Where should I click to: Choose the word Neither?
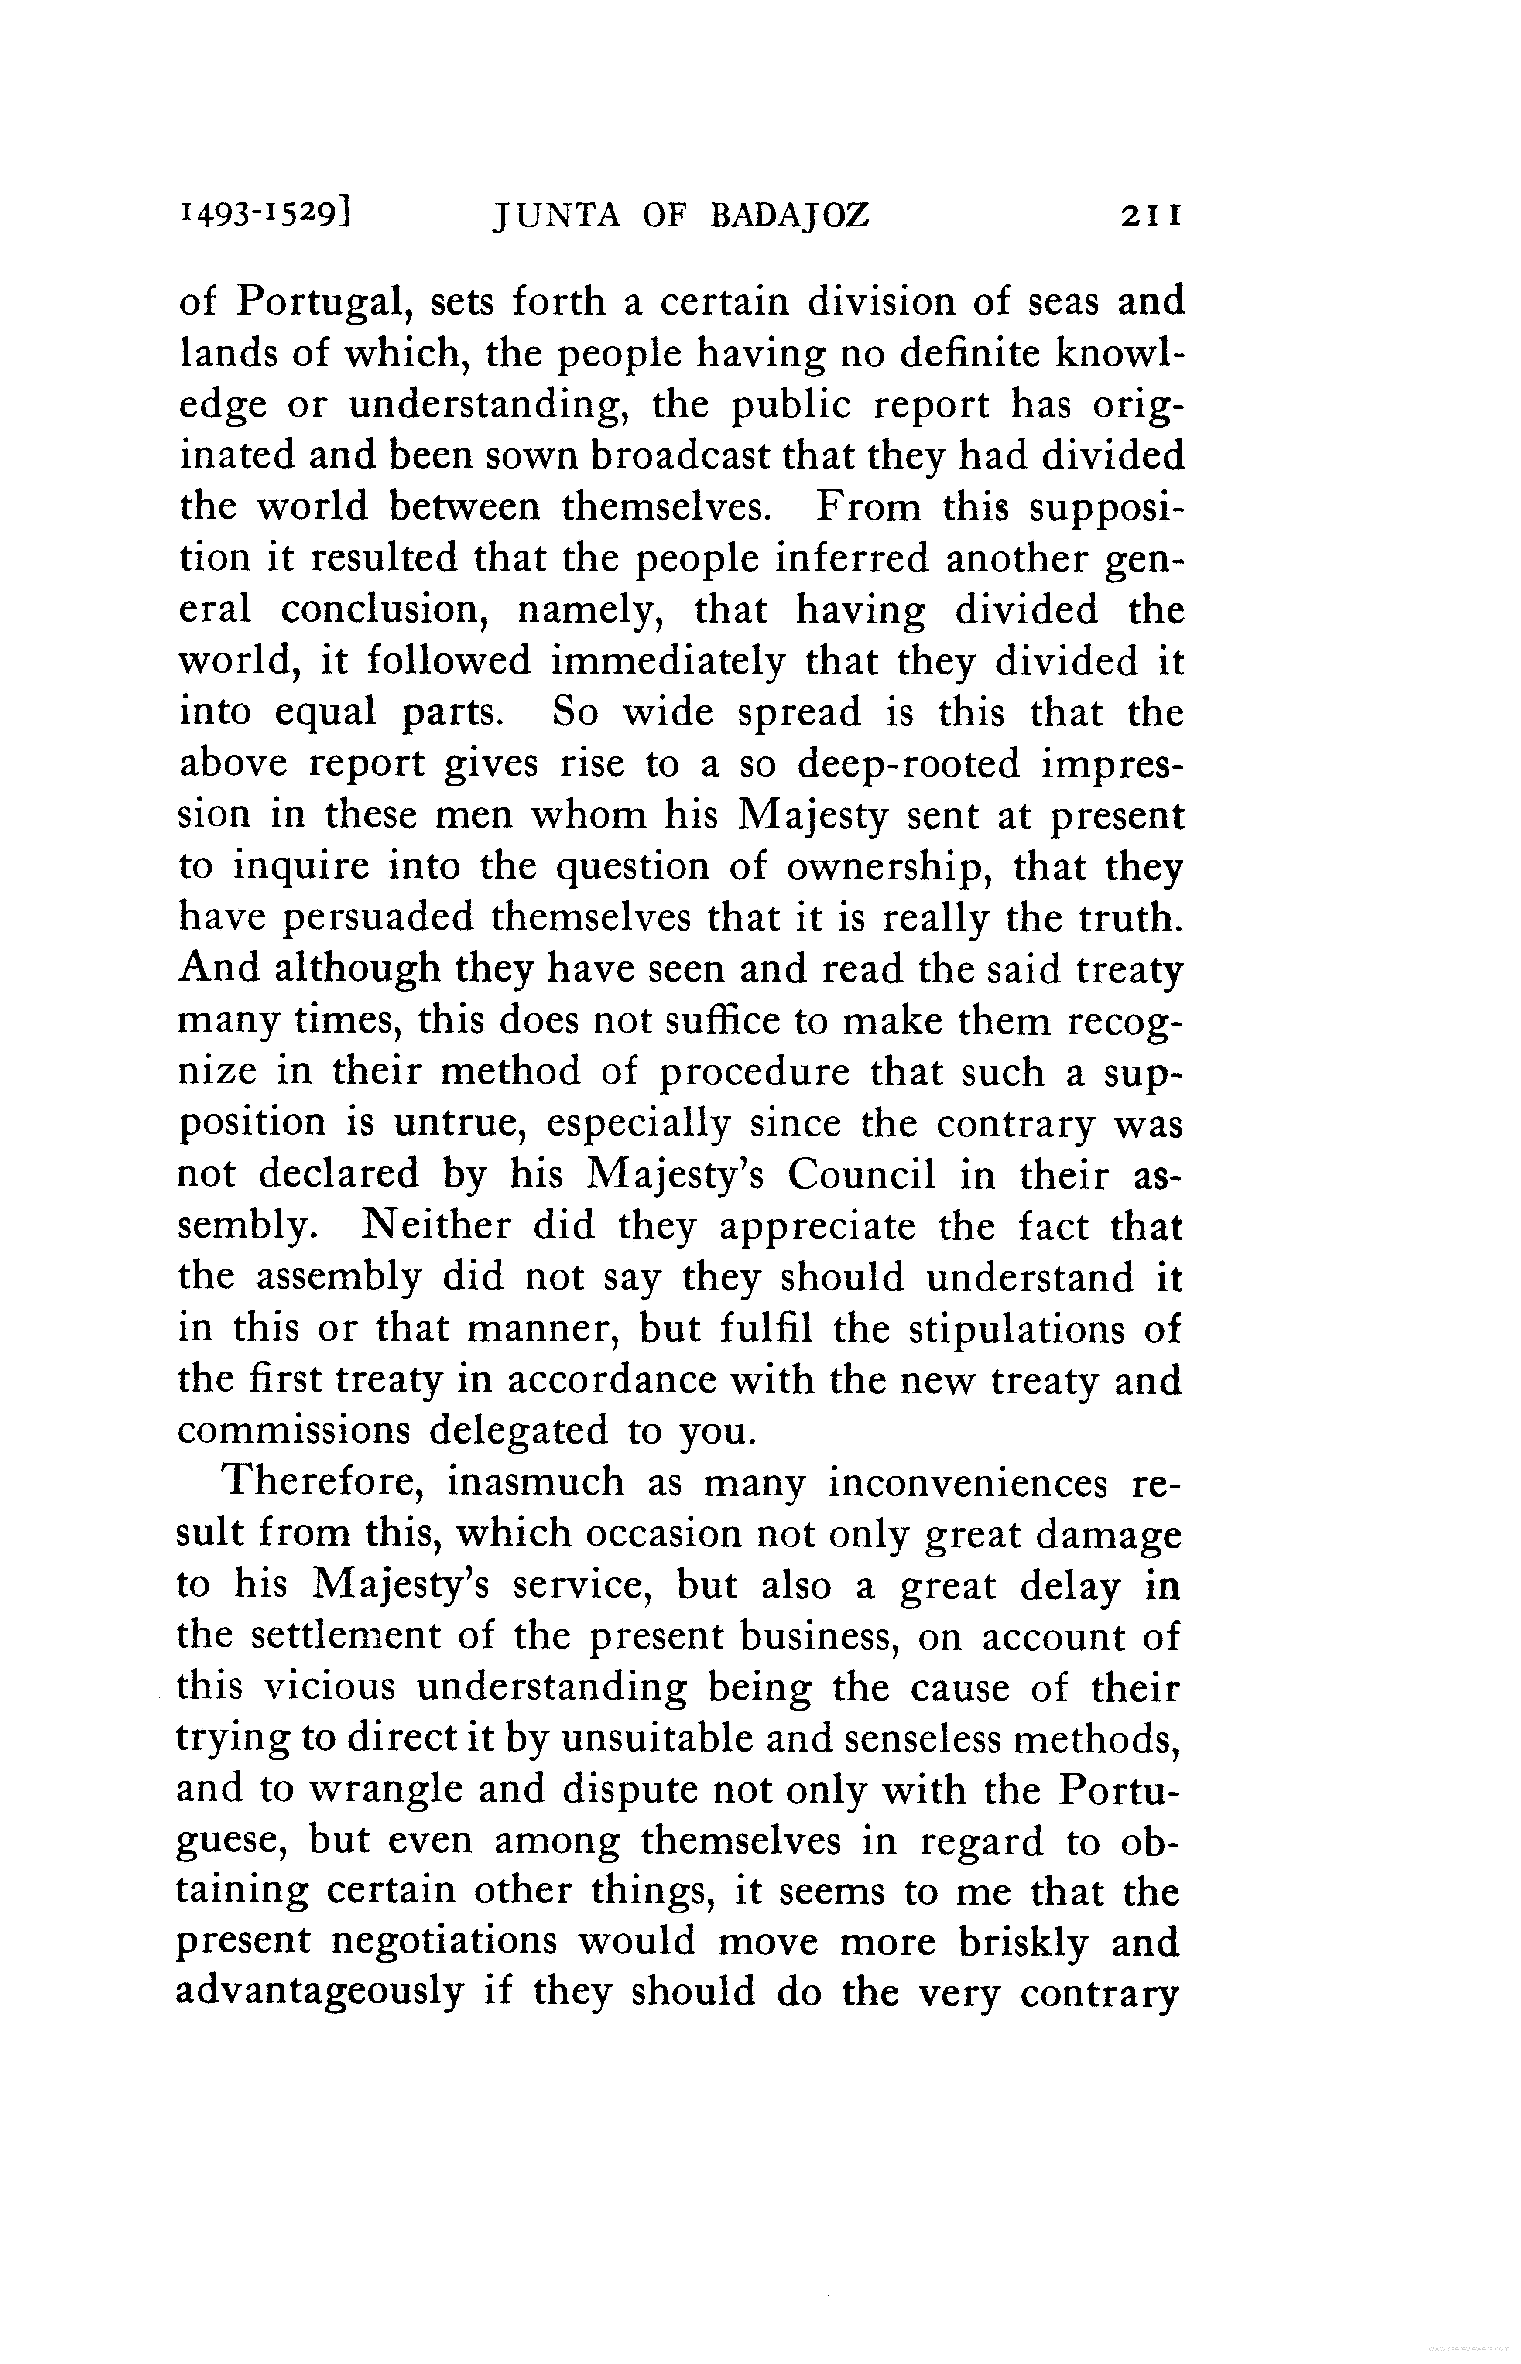(x=435, y=1225)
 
